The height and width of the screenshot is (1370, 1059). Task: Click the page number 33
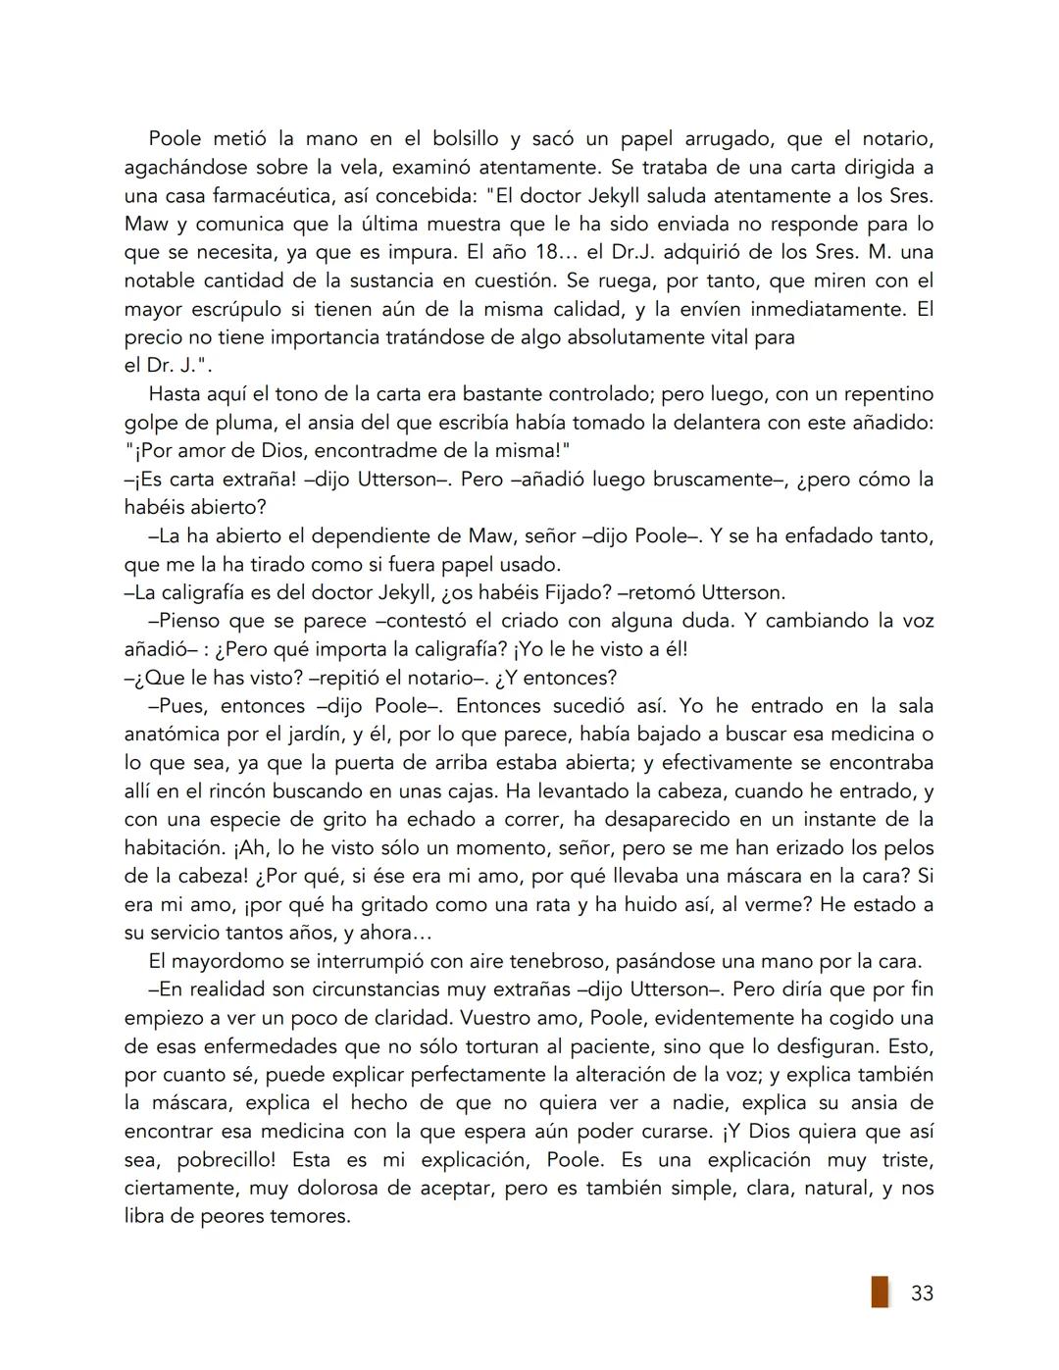click(922, 1294)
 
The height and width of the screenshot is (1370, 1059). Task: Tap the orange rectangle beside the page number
click(880, 1292)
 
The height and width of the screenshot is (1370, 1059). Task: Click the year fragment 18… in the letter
click(537, 252)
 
